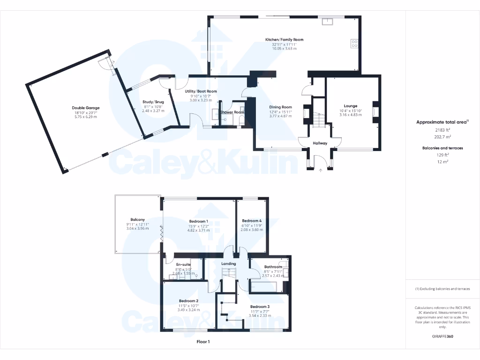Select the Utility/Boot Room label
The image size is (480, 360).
click(x=201, y=91)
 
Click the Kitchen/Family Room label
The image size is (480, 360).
click(x=284, y=40)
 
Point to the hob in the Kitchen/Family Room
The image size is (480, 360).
click(x=354, y=44)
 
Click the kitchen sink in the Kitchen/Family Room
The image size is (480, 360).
click(x=326, y=21)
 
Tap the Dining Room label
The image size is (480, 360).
click(x=280, y=107)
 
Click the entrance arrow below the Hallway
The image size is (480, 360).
click(x=321, y=171)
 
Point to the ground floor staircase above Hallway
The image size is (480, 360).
click(x=319, y=121)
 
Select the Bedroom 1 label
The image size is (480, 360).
click(x=198, y=221)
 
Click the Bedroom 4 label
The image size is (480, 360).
click(x=252, y=221)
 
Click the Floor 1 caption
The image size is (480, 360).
click(x=203, y=342)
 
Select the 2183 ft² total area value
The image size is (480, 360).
click(x=442, y=130)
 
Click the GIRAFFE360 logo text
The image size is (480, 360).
click(x=442, y=337)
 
